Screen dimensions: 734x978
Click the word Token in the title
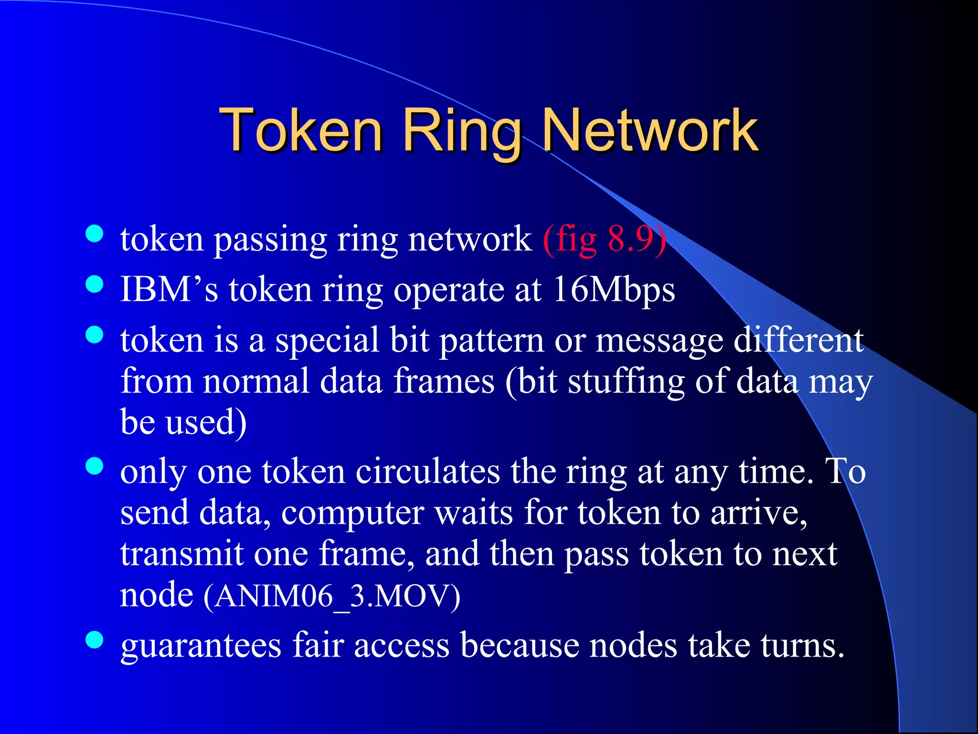(x=301, y=130)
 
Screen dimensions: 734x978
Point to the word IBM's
(x=170, y=290)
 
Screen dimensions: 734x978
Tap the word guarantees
(x=201, y=646)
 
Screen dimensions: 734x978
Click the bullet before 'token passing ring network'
(x=95, y=234)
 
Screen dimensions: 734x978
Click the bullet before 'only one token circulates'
(x=95, y=466)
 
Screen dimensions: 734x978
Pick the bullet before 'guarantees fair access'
(x=95, y=640)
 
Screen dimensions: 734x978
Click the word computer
(x=352, y=514)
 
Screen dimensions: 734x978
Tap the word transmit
(x=182, y=554)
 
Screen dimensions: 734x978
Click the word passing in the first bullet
(x=270, y=240)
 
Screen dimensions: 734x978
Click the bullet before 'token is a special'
(x=95, y=335)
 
